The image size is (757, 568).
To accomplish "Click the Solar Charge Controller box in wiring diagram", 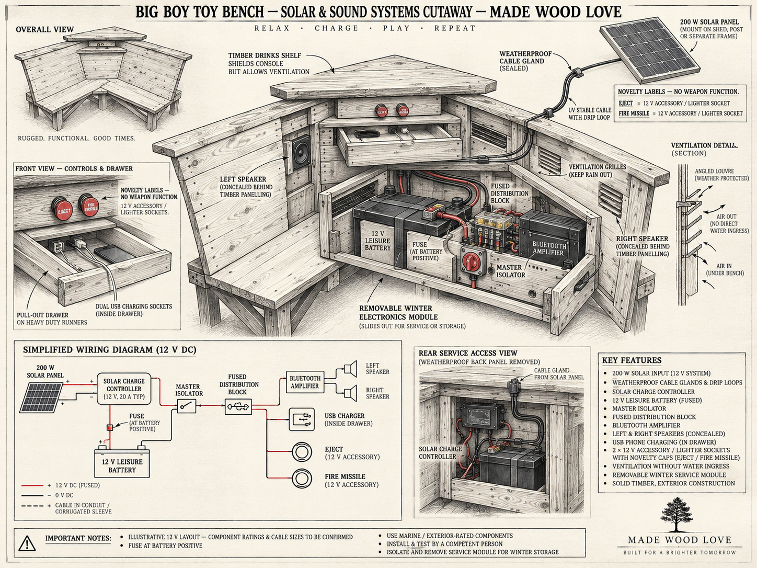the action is (x=124, y=389).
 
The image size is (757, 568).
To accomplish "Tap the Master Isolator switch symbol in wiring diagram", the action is (x=187, y=406).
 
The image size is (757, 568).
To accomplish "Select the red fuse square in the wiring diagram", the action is (x=110, y=428).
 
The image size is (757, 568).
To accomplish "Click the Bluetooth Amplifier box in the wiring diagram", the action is (x=305, y=382).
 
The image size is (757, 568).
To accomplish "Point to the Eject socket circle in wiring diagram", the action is (x=302, y=452).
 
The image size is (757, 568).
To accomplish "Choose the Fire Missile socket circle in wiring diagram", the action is (x=302, y=479).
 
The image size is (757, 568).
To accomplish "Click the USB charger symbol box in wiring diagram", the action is (x=302, y=419).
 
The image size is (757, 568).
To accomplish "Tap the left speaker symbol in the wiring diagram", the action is (x=350, y=369).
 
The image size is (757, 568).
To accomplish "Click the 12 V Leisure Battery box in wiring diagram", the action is (x=122, y=463).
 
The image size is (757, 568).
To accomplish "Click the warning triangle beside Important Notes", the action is (x=27, y=543).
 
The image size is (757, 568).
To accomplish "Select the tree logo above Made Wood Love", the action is (x=676, y=514).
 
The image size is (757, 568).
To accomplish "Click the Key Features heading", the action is (x=632, y=360).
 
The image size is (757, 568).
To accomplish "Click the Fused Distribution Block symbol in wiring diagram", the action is (x=238, y=406).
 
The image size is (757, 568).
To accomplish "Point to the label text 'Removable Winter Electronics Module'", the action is (x=398, y=312).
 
